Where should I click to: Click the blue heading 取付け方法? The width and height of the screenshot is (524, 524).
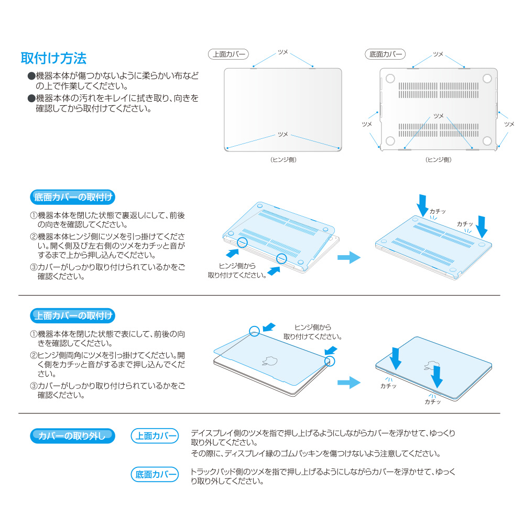click(x=53, y=58)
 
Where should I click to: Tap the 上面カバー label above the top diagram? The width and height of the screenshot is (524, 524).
click(x=228, y=54)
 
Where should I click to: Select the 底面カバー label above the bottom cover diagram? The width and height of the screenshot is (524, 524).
click(x=385, y=54)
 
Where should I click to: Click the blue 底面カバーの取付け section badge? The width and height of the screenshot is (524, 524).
click(x=72, y=197)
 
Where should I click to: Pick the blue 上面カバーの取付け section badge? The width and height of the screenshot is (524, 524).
click(x=72, y=315)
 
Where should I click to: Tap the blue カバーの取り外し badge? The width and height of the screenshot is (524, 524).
click(x=72, y=436)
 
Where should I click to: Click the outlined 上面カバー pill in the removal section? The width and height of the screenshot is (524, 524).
click(x=155, y=436)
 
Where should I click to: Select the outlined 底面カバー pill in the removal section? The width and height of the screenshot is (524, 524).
click(x=155, y=474)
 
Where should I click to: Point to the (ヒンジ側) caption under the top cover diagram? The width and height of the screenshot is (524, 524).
click(x=283, y=160)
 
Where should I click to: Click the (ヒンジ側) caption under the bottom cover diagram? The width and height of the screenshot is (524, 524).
click(x=439, y=160)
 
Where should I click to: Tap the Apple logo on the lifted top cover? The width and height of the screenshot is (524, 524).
click(x=270, y=361)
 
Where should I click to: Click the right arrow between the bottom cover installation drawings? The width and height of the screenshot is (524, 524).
click(x=349, y=257)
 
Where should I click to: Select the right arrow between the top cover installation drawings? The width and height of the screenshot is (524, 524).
click(x=349, y=383)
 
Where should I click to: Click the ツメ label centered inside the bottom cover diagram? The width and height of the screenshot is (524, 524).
click(x=439, y=116)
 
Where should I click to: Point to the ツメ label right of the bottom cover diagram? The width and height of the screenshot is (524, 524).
click(x=509, y=124)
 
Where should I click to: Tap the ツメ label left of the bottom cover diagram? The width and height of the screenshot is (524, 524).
click(x=367, y=124)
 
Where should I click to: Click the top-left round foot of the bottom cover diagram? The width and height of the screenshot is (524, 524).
click(x=390, y=79)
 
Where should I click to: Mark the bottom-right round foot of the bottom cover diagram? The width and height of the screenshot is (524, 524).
click(x=487, y=140)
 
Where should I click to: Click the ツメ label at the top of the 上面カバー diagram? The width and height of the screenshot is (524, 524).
click(x=283, y=52)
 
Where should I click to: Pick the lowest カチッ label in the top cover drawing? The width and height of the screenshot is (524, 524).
click(x=433, y=402)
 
